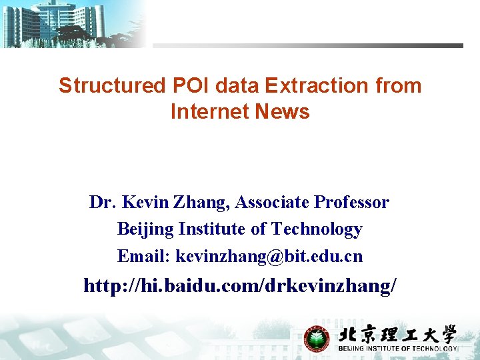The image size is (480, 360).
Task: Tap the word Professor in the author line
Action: pos(352,202)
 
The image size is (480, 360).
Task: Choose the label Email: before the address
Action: pos(143,256)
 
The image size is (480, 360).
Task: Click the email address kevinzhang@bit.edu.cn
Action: pos(269,256)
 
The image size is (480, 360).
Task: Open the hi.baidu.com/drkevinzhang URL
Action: pos(240,286)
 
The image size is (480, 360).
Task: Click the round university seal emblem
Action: pos(317,338)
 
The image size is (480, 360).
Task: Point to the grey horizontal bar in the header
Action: pos(307,46)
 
